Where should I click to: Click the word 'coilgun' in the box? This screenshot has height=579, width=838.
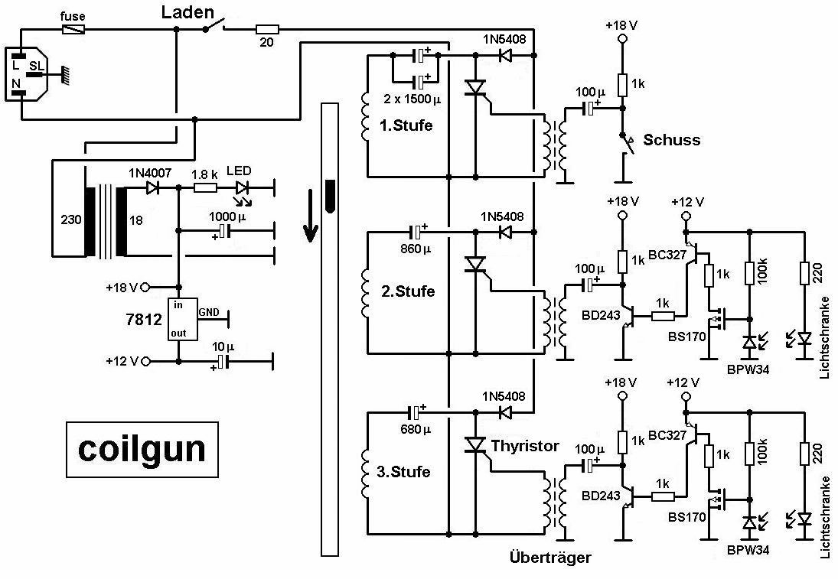pyautogui.click(x=142, y=448)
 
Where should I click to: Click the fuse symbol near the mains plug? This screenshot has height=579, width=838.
pyautogui.click(x=73, y=29)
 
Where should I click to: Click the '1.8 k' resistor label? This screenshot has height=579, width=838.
pyautogui.click(x=204, y=174)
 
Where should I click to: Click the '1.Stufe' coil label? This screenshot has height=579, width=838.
pyautogui.click(x=406, y=125)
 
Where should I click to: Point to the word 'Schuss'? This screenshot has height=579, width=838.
pyautogui.click(x=671, y=140)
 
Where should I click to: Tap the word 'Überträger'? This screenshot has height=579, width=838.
pyautogui.click(x=550, y=558)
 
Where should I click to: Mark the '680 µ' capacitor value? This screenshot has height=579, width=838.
pyautogui.click(x=416, y=429)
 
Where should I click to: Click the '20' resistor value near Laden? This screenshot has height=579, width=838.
pyautogui.click(x=266, y=42)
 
